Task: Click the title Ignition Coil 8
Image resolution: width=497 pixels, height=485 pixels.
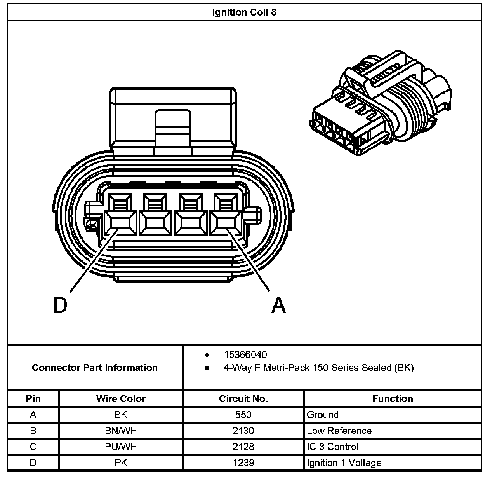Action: pos(244,12)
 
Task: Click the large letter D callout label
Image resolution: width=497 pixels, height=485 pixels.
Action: pos(60,305)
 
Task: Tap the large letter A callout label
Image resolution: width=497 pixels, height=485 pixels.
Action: pos(278,305)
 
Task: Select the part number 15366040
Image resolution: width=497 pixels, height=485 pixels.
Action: pos(245,354)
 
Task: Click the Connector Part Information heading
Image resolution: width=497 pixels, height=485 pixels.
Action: pos(95,368)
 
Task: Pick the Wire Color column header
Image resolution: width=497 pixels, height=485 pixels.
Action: pos(121,399)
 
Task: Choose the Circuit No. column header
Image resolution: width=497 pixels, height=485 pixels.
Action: pos(243,399)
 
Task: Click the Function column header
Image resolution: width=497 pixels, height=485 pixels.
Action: pos(393,399)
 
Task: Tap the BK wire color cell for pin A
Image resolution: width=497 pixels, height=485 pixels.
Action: pos(121,415)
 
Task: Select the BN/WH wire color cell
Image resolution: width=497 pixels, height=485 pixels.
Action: pos(121,431)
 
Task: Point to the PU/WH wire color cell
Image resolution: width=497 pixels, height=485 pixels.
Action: pos(121,447)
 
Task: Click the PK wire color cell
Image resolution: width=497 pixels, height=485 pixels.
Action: pos(121,462)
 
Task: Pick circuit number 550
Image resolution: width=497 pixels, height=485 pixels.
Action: pos(243,415)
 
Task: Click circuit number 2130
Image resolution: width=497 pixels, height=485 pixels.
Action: pos(243,431)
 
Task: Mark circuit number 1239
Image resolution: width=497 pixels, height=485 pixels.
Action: pos(243,462)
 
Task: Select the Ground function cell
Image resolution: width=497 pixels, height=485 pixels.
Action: pos(323,415)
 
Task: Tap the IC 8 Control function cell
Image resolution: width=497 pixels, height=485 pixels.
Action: pos(332,447)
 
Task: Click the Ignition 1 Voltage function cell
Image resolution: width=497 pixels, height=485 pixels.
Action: pos(344,462)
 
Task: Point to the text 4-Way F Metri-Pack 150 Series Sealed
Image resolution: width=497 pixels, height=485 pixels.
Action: pos(318,368)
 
